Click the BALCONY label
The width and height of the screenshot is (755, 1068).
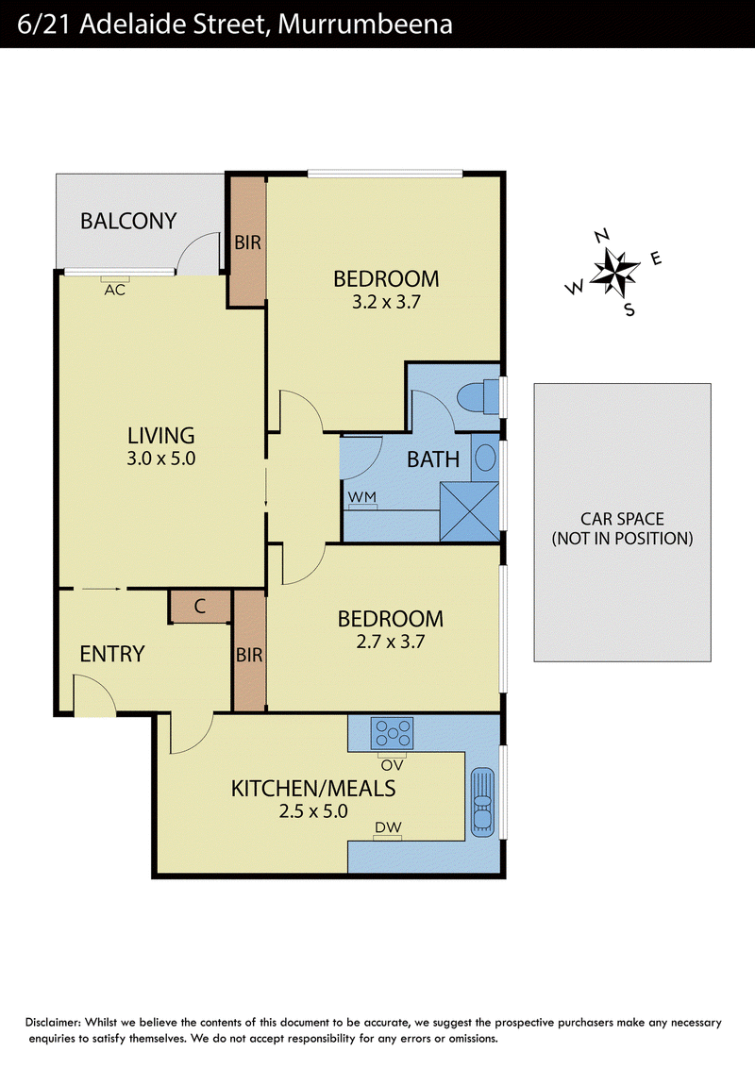(x=128, y=221)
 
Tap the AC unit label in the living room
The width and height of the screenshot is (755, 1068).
(x=114, y=291)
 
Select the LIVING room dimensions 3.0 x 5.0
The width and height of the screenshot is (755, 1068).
(x=160, y=459)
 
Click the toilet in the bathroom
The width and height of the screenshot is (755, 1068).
(x=479, y=398)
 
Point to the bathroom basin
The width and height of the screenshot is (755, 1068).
(x=485, y=458)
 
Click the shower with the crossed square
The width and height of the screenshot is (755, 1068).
(x=469, y=511)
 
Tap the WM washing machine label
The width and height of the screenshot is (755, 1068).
(x=361, y=497)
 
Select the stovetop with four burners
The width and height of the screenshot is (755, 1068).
(x=392, y=734)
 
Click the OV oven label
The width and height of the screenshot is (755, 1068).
(x=392, y=765)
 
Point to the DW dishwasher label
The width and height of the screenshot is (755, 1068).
(x=388, y=827)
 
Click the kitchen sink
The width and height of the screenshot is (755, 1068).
(x=482, y=802)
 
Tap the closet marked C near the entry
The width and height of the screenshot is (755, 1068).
(x=200, y=607)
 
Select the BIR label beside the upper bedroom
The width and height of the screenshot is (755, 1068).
(x=247, y=242)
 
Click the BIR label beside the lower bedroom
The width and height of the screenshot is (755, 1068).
(x=249, y=656)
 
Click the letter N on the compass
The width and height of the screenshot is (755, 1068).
(x=602, y=237)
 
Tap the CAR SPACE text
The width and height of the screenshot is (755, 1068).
(x=622, y=519)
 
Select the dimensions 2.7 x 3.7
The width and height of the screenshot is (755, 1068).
(x=391, y=642)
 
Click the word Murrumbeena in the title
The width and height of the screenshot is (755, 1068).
(x=365, y=25)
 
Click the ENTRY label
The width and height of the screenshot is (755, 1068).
(x=112, y=654)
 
